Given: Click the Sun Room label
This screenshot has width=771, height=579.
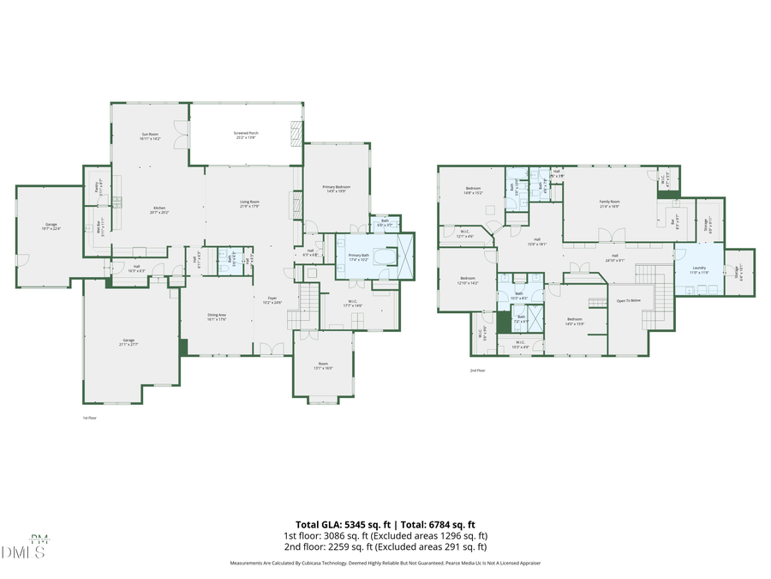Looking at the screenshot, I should [x=150, y=135].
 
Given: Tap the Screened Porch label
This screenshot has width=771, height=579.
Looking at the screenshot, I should [x=246, y=134].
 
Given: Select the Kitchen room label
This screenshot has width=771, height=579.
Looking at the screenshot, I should [x=158, y=208].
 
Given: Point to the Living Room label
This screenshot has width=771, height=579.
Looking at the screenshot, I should [x=249, y=203].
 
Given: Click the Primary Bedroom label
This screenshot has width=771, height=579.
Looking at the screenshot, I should [x=335, y=187].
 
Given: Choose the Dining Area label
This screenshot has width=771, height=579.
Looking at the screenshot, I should [x=217, y=316].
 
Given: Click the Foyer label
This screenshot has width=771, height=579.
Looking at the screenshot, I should [x=271, y=299].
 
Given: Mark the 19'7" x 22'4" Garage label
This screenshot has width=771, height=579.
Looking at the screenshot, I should [x=51, y=225].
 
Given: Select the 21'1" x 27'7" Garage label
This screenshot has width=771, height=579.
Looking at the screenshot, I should [x=128, y=341].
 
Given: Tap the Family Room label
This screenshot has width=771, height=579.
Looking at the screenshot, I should [x=609, y=202].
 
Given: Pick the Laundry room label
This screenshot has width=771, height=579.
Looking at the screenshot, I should [x=699, y=268].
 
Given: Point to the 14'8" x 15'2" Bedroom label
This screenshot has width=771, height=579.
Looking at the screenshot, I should [x=474, y=189].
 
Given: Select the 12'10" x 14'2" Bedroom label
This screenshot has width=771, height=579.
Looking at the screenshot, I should [x=468, y=279].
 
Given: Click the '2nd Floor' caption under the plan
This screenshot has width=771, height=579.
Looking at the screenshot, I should [x=477, y=371].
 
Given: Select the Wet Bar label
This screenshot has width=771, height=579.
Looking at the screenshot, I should [x=99, y=230].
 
